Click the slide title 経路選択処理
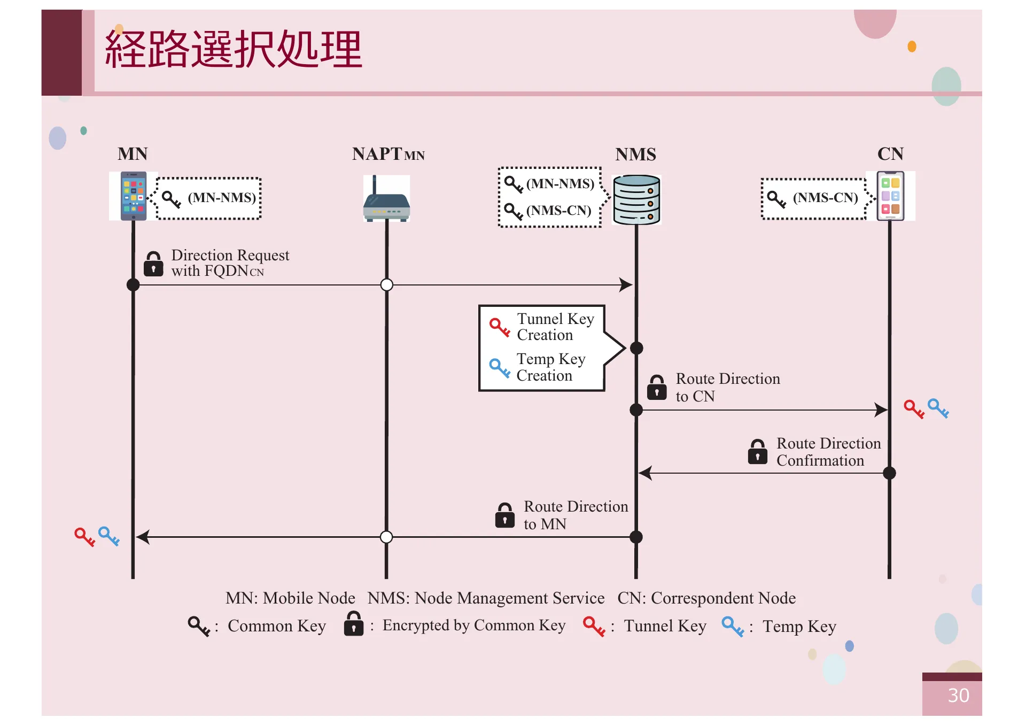coord(234,49)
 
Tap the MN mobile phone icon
coord(134,196)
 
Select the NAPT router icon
coord(386,200)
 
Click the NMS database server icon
coord(636,199)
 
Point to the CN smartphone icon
coord(890,196)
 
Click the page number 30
coord(958,696)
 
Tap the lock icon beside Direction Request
coord(153,264)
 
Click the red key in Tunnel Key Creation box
coord(500,327)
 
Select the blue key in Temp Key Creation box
coord(500,368)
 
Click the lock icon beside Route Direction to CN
coord(657,388)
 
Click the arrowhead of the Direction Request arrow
coord(626,284)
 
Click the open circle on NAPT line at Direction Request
coord(387,284)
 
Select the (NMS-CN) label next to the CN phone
coord(825,198)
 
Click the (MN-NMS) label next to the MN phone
coord(222,198)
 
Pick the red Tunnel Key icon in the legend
coord(594,626)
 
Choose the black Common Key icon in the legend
coord(198,626)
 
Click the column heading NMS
coord(635,155)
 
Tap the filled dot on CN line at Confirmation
coord(889,473)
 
